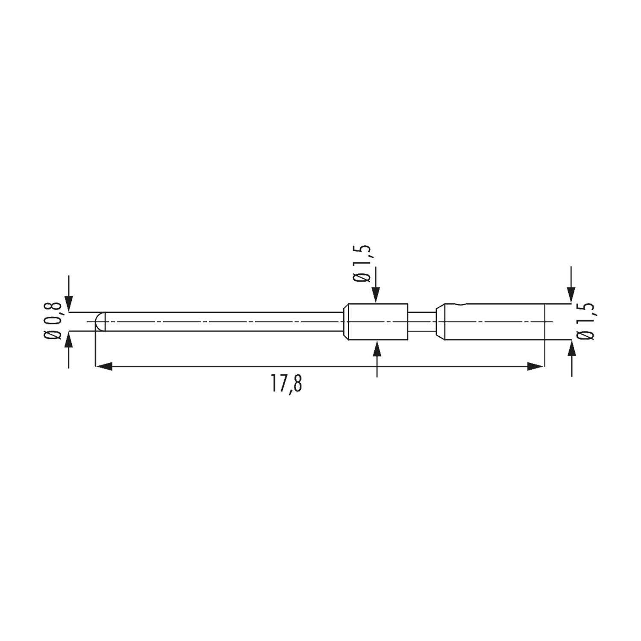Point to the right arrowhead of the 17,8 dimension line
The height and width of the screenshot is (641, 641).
[x=536, y=366]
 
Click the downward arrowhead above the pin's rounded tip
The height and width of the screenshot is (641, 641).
[x=69, y=304]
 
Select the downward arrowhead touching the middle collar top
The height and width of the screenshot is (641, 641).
[x=376, y=295]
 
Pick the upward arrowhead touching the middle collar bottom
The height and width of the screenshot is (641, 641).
[x=376, y=348]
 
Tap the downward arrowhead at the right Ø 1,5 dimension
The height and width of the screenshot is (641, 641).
[x=571, y=295]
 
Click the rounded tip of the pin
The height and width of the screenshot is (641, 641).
[x=99, y=321]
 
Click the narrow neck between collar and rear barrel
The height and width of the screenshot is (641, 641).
[x=422, y=321]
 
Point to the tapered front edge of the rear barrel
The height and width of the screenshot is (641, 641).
[x=440, y=321]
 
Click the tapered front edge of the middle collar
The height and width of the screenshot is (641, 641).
[x=347, y=321]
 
